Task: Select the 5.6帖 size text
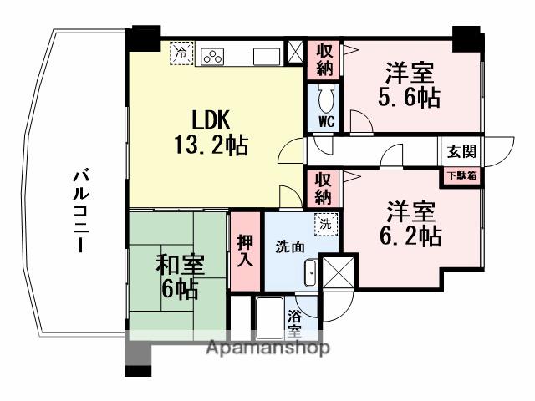[x=408, y=98]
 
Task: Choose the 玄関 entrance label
[x=461, y=152]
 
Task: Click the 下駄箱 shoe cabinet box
[x=461, y=176]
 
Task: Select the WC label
[x=327, y=120]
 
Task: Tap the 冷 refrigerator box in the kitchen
[x=182, y=53]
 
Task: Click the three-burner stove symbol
[x=211, y=55]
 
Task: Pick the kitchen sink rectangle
[x=267, y=55]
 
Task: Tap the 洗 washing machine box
[x=327, y=224]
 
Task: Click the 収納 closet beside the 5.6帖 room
[x=324, y=60]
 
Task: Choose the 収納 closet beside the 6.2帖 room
[x=324, y=189]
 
